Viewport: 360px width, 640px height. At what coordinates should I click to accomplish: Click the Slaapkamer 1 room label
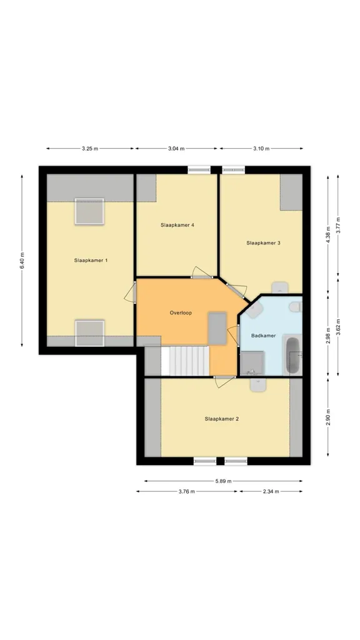91,260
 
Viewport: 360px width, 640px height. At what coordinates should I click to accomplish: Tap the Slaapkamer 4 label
177,225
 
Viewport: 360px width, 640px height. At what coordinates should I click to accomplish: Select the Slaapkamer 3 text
263,243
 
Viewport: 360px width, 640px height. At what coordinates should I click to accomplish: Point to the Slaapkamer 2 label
222,419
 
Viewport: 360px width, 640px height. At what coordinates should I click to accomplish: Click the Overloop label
181,313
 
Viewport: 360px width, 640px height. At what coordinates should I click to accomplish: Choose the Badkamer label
263,336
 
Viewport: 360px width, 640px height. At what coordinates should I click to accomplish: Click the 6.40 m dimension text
22,261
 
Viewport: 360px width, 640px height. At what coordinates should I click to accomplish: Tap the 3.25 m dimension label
90,149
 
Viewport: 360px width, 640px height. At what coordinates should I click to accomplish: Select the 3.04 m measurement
176,149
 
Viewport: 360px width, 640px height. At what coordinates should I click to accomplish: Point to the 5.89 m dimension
223,481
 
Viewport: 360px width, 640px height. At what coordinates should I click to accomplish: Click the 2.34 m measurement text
271,491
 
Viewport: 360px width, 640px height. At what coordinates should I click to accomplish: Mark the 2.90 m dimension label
328,417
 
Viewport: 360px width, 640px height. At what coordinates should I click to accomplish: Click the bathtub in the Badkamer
293,356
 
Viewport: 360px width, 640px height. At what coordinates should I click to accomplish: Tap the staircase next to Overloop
185,361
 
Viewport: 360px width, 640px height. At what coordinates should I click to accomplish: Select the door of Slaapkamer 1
130,292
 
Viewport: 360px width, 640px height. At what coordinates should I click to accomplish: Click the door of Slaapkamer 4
202,272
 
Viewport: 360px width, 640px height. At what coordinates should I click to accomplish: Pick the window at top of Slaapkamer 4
199,170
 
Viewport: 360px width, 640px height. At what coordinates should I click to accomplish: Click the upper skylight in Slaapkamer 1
89,211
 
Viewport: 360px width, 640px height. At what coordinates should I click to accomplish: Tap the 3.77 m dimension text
338,225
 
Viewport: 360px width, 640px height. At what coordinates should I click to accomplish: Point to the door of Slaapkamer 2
224,382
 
